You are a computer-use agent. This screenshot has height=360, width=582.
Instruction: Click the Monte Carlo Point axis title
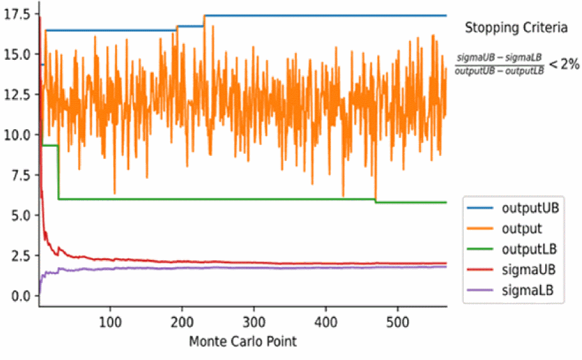(x=242, y=342)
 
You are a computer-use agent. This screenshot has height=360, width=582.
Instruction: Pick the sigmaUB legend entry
(x=529, y=269)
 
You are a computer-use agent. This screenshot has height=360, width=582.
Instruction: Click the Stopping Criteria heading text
(x=516, y=28)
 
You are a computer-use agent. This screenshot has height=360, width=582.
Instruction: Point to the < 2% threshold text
(x=563, y=64)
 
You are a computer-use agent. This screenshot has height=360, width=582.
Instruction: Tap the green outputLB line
(x=191, y=199)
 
